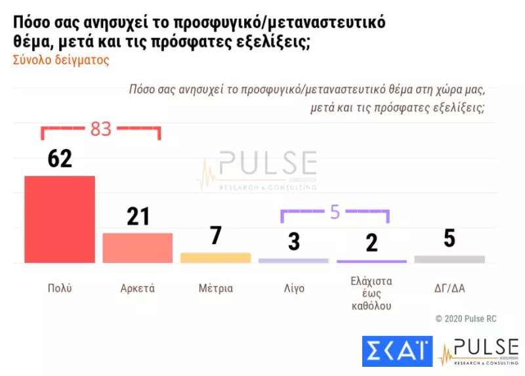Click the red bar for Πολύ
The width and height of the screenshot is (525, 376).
pyautogui.click(x=60, y=219)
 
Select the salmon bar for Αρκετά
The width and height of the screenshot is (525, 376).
pyautogui.click(x=138, y=248)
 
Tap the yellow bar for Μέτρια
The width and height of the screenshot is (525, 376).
pyautogui.click(x=215, y=258)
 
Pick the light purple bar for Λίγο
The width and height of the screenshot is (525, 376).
pyautogui.click(x=293, y=261)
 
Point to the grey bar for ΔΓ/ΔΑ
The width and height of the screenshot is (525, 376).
pyautogui.click(x=450, y=259)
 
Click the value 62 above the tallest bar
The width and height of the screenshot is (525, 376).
pyautogui.click(x=60, y=158)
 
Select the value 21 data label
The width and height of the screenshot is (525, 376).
pyautogui.click(x=138, y=216)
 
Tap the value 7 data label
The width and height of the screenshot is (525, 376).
pyautogui.click(x=216, y=236)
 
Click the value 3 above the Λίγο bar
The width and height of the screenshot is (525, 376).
pyautogui.click(x=293, y=241)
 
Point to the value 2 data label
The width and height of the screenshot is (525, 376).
pyautogui.click(x=371, y=243)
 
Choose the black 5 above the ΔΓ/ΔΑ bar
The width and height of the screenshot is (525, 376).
pyautogui.click(x=450, y=238)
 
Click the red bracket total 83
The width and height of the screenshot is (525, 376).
pyautogui.click(x=100, y=129)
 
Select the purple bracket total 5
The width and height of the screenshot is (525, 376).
pyautogui.click(x=335, y=212)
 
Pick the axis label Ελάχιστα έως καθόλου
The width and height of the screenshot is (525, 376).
pyautogui.click(x=371, y=293)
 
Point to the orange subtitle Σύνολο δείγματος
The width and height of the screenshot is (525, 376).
pyautogui.click(x=60, y=60)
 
